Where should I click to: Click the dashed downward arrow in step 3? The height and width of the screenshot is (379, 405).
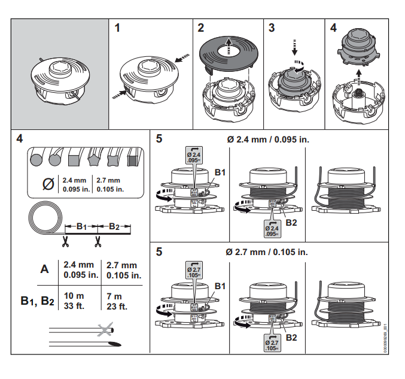point(294,46)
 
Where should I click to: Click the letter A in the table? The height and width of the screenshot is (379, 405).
point(44,269)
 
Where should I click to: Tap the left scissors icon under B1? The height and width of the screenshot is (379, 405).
point(65,242)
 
